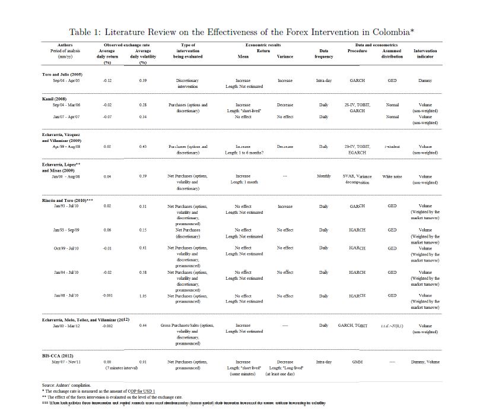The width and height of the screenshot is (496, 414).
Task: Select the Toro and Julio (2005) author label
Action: click(x=62, y=74)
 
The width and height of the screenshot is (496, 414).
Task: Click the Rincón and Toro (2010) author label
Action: click(x=67, y=200)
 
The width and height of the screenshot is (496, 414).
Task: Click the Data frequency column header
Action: click(x=323, y=54)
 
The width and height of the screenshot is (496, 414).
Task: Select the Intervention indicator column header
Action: click(x=425, y=54)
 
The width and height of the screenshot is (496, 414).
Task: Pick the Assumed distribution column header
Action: click(x=392, y=54)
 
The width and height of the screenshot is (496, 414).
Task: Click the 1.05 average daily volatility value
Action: click(x=142, y=296)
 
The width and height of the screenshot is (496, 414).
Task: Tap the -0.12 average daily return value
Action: click(x=107, y=80)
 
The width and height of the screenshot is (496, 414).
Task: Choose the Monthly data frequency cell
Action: click(x=323, y=176)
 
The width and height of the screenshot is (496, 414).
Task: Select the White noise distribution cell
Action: click(x=392, y=176)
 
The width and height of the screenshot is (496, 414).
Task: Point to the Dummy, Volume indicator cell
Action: click(x=425, y=362)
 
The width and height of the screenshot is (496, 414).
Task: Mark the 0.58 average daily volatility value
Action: click(x=142, y=272)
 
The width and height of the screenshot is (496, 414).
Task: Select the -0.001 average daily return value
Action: click(x=107, y=296)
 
